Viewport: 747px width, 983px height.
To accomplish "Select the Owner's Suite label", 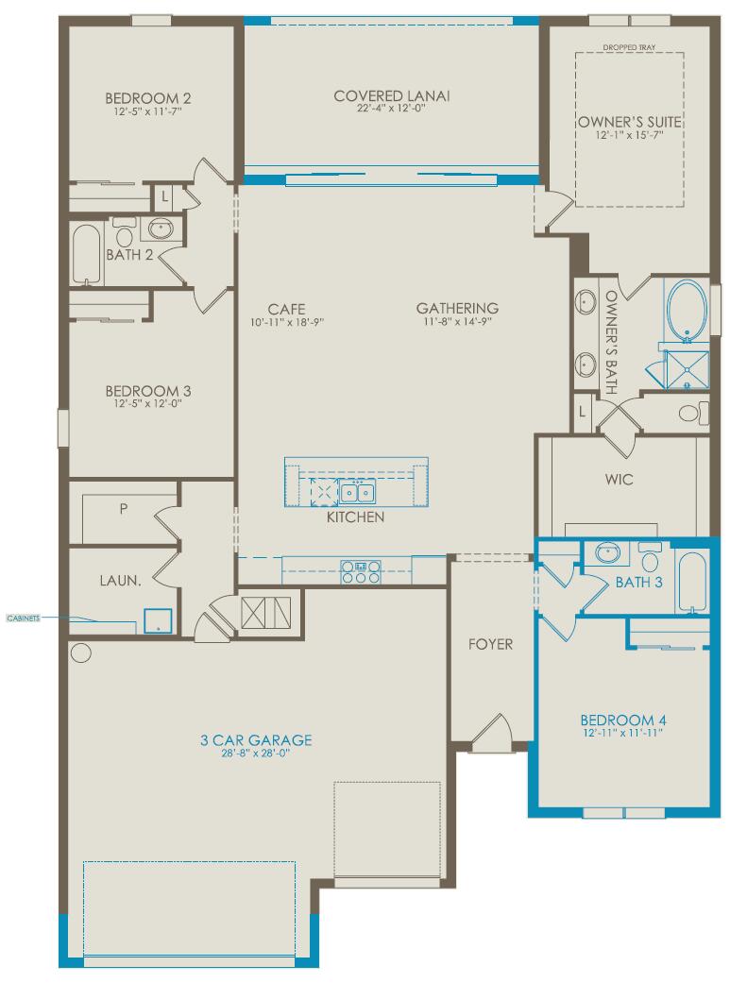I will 630,122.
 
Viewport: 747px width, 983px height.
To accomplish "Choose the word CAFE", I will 285,308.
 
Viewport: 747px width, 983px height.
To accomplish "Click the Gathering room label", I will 457,308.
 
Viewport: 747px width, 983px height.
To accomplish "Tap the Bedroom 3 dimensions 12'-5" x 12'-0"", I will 142,403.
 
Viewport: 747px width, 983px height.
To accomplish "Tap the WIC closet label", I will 620,480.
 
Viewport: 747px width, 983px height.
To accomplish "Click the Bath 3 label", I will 639,582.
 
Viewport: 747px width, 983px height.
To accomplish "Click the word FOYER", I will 491,644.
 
